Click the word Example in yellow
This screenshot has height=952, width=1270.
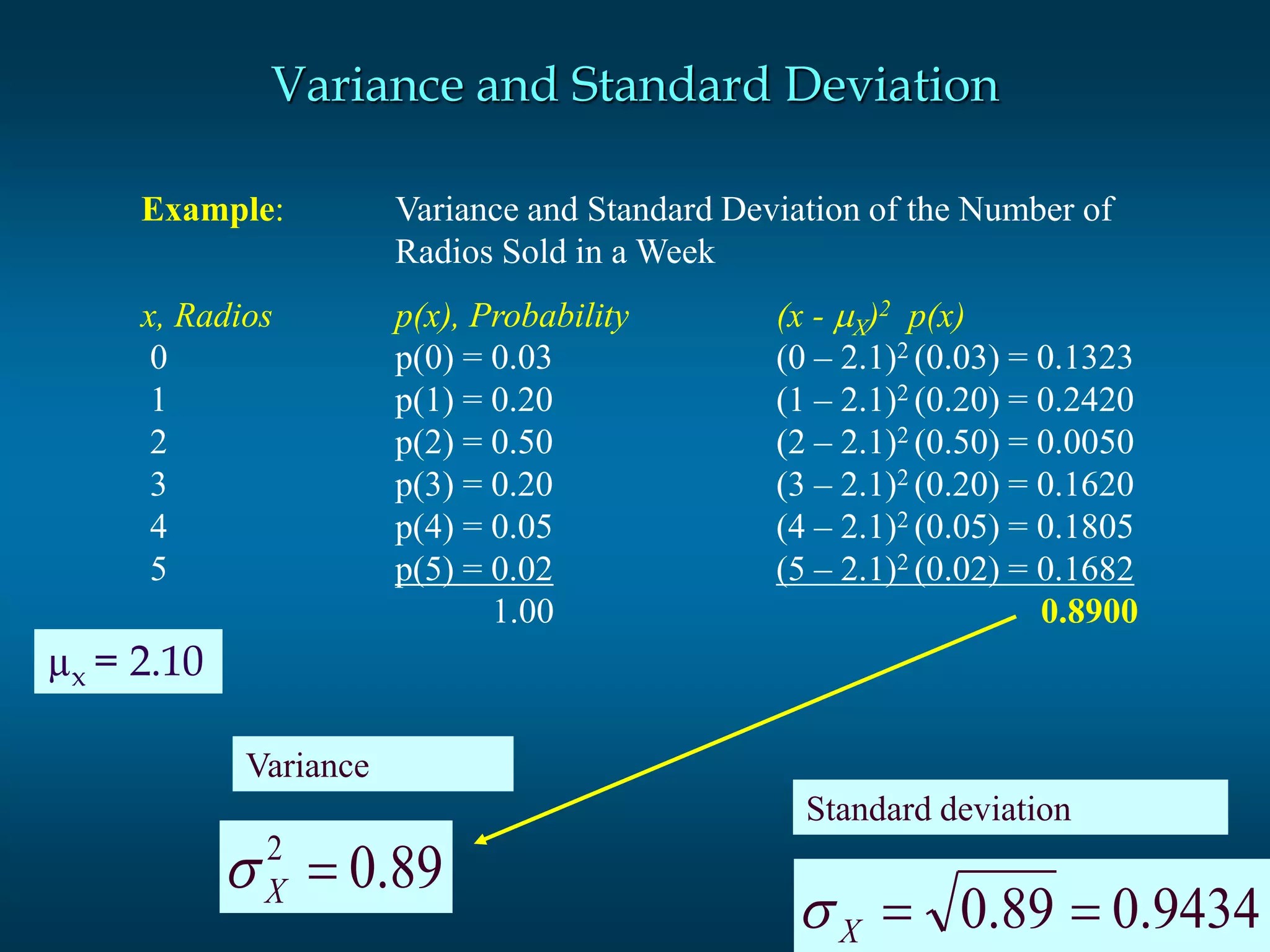click(208, 209)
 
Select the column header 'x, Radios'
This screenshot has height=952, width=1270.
click(206, 316)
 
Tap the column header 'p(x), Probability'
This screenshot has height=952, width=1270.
click(512, 316)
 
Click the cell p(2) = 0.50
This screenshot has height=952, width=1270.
click(474, 443)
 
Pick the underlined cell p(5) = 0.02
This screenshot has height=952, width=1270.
click(474, 570)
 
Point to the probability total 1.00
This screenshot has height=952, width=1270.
click(523, 612)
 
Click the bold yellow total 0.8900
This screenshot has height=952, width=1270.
click(1089, 612)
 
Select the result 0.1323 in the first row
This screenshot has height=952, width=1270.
click(1084, 358)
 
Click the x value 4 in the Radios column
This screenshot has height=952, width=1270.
click(159, 527)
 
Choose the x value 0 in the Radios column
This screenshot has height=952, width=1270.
click(159, 358)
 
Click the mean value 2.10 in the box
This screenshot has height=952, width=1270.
click(166, 661)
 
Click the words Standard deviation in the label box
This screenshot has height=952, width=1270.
click(938, 809)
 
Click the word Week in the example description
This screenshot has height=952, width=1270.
click(676, 252)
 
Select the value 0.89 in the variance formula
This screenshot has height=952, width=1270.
click(396, 868)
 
